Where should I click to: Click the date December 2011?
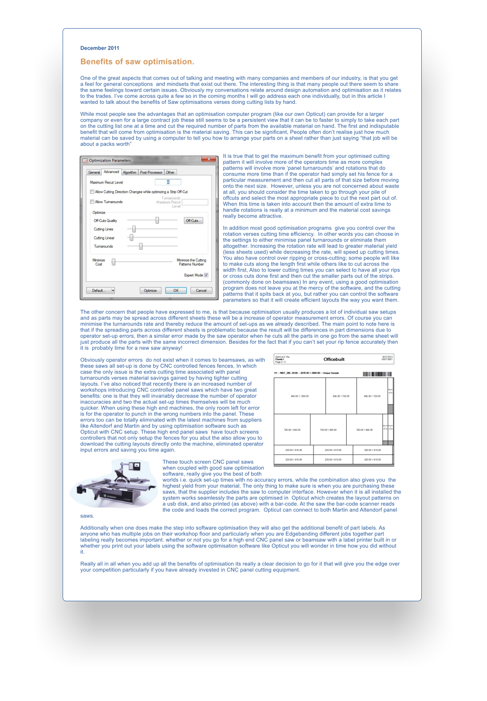click(100, 48)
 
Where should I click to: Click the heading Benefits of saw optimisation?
click(137, 62)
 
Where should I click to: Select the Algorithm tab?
click(130, 172)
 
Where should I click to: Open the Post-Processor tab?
click(151, 172)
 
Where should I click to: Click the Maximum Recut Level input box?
click(168, 182)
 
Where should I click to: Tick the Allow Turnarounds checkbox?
click(92, 202)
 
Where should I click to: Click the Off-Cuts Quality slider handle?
click(157, 220)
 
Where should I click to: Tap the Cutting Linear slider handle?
click(131, 238)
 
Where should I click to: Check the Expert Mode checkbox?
click(206, 275)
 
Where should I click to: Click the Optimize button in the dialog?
click(150, 290)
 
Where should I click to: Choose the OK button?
click(176, 290)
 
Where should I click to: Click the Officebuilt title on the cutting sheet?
click(334, 359)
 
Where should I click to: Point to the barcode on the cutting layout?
click(377, 374)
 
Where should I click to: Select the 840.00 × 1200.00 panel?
click(300, 396)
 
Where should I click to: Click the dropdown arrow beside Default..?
click(113, 290)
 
